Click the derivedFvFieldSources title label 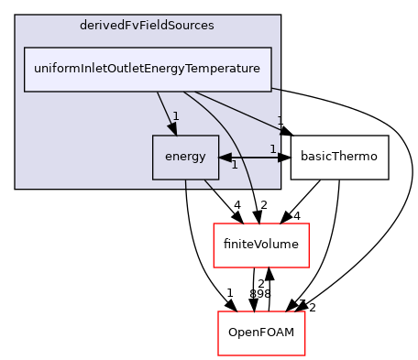tap(148, 26)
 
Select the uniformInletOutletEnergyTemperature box tap(148, 69)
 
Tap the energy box tap(185, 157)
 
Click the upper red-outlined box tap(260, 245)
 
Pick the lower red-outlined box tap(261, 333)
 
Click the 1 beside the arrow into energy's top tap(175, 116)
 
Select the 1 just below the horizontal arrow tap(234, 166)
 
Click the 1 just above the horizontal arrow tap(272, 148)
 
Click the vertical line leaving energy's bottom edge tap(186, 184)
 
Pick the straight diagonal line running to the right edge tap(238, 109)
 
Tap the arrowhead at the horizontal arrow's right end tap(277, 158)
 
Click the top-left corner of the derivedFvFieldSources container tap(16, 16)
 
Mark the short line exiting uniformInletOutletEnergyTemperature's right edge tap(276, 89)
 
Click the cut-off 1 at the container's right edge tap(279, 121)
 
